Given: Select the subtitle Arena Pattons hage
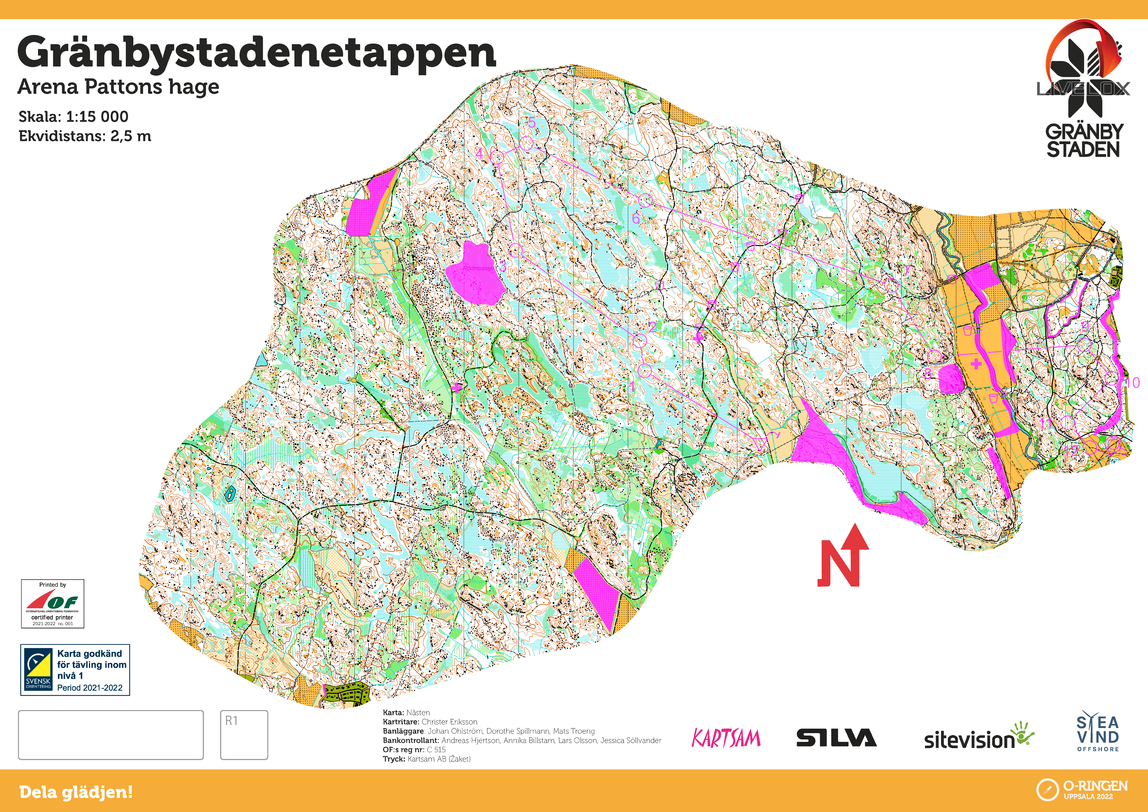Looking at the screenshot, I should [118, 86].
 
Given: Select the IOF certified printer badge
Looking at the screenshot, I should [52, 604].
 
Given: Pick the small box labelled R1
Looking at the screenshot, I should [244, 735].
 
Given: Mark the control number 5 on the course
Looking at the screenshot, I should [531, 122].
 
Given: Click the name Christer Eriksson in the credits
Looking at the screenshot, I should [449, 721].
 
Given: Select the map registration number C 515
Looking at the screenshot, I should [436, 749].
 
